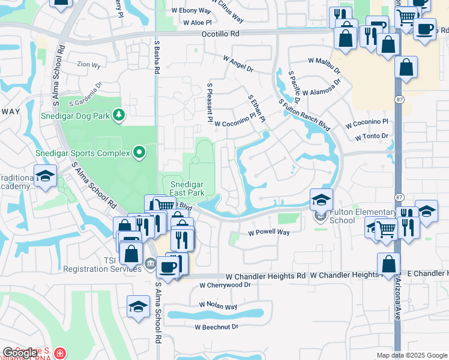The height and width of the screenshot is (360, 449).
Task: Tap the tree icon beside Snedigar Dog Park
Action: [119, 115]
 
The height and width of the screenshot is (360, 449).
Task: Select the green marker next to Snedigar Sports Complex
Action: [139, 153]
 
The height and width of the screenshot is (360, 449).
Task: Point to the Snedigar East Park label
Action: [187, 188]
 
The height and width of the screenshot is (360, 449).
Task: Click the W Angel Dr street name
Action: [238, 64]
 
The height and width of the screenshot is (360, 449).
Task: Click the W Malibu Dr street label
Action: [324, 65]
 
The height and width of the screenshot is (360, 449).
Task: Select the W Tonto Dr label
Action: [372, 137]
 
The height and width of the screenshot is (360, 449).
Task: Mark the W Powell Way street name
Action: [269, 232]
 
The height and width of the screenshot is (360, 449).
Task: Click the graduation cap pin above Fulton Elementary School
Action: [321, 199]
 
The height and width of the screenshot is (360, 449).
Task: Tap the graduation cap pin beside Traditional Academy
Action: [45, 175]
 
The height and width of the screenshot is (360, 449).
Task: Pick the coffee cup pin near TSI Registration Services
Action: [168, 266]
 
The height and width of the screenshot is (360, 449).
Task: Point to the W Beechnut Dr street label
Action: [216, 327]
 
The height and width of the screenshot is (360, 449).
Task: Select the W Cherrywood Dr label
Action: [224, 286]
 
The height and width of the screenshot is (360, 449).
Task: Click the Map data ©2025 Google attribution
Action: [412, 355]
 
